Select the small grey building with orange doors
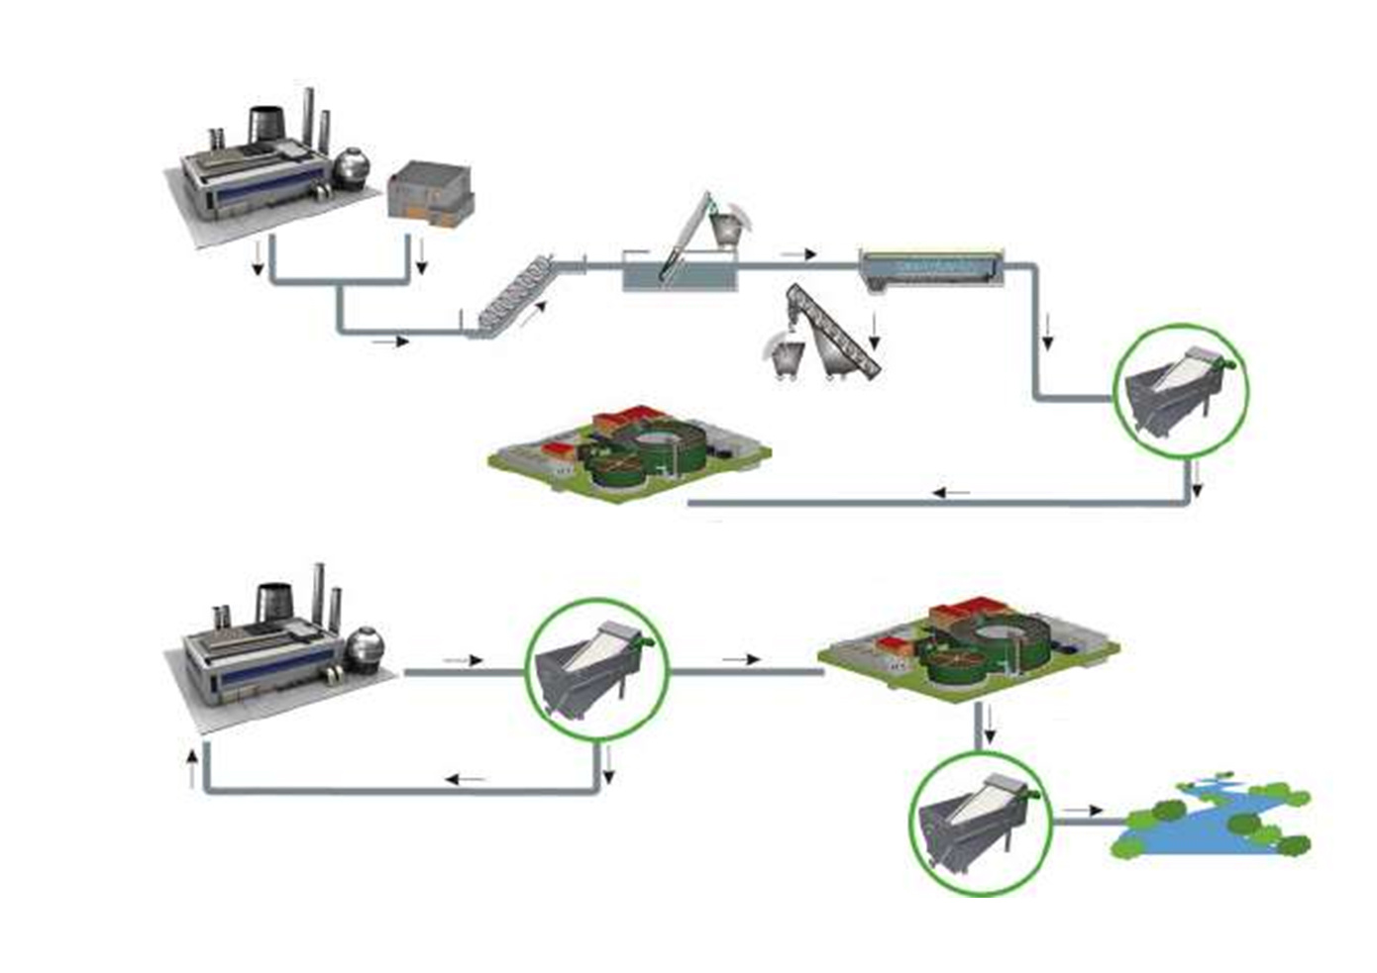430,192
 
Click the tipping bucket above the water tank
729,222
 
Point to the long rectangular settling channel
930,267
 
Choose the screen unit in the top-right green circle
1180,391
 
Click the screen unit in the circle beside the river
980,824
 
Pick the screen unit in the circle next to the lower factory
595,669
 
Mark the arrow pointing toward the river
1083,810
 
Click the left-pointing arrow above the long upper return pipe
953,492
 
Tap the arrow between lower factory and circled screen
463,659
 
